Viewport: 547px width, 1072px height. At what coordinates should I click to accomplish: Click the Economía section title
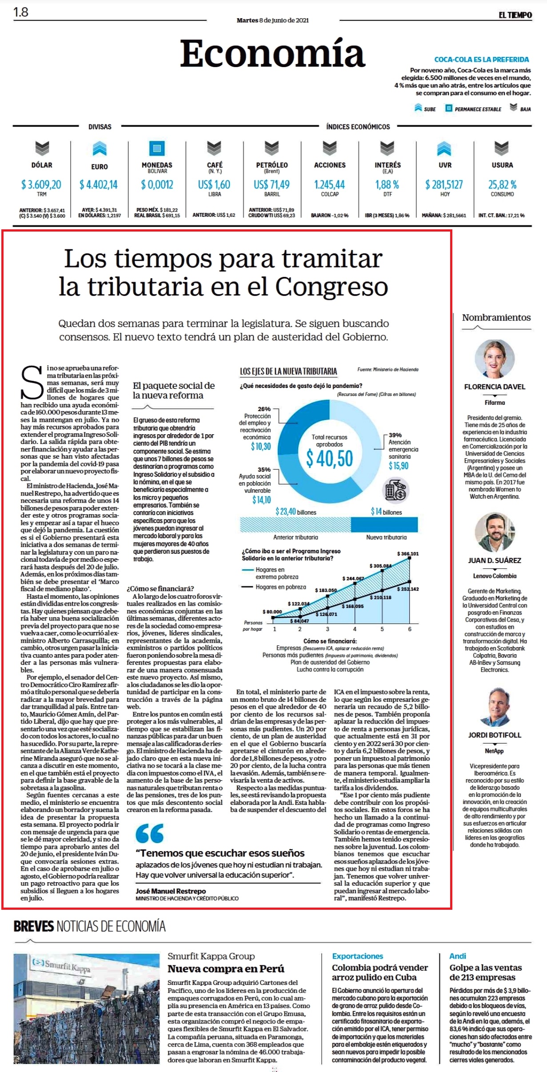pyautogui.click(x=272, y=53)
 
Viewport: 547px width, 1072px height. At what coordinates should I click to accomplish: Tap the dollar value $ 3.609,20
pyautogui.click(x=41, y=184)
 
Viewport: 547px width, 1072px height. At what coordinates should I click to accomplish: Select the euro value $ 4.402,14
pyautogui.click(x=99, y=184)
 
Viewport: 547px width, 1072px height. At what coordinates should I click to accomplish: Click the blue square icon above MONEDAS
pyautogui.click(x=156, y=148)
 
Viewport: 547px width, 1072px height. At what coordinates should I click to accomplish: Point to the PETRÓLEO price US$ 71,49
pyautogui.click(x=272, y=184)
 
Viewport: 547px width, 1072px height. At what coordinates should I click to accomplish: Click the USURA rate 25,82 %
pyautogui.click(x=502, y=184)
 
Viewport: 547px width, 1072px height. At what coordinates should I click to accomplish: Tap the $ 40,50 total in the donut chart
pyautogui.click(x=329, y=458)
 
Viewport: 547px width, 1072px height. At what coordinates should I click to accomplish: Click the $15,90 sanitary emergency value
pyautogui.click(x=399, y=466)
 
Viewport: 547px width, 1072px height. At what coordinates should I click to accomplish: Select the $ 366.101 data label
pyautogui.click(x=408, y=554)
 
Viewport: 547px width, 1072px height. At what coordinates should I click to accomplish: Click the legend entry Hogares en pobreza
pyautogui.click(x=274, y=587)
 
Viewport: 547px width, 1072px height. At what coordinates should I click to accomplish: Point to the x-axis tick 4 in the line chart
pyautogui.click(x=355, y=629)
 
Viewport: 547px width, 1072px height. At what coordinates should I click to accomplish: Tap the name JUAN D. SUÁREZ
pyautogui.click(x=495, y=560)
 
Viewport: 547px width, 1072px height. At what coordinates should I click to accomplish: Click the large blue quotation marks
pyautogui.click(x=150, y=833)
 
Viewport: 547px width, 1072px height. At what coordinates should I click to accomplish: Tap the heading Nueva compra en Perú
pyautogui.click(x=226, y=969)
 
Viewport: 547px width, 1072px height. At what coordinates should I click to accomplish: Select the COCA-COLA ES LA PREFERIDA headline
pyautogui.click(x=482, y=60)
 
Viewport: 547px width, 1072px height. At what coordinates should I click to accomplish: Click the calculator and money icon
pyautogui.click(x=395, y=491)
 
